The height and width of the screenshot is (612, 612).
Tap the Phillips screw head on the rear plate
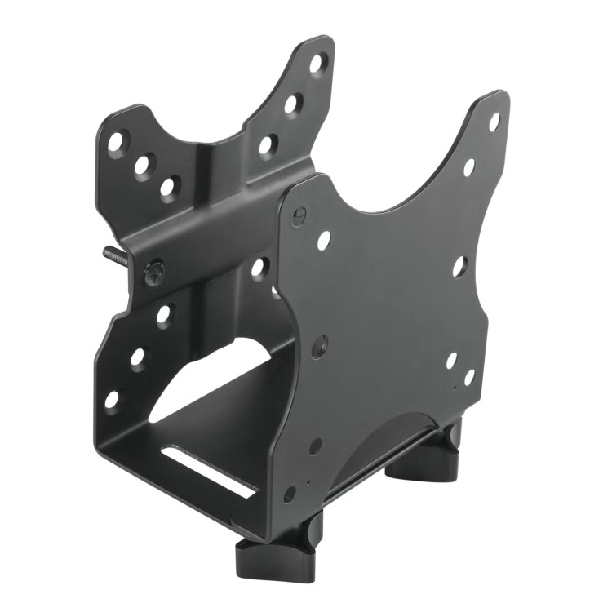pos(153,272)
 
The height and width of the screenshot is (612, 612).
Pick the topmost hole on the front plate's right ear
pos(494,121)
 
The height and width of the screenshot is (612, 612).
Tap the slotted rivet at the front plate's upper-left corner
pos(300,215)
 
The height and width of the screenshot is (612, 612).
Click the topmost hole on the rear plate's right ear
pos(317,64)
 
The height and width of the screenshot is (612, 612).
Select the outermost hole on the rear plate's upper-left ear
pos(117,142)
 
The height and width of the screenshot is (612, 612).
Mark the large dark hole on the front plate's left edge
pos(319,346)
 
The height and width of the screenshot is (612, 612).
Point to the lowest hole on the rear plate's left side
pos(112,400)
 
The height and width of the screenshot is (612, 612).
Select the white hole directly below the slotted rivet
pos(324,240)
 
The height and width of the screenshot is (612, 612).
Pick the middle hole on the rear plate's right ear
pos(291,104)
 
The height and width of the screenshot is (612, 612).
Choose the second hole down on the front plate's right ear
pos(469,166)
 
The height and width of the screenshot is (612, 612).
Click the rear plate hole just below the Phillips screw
pos(164,314)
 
